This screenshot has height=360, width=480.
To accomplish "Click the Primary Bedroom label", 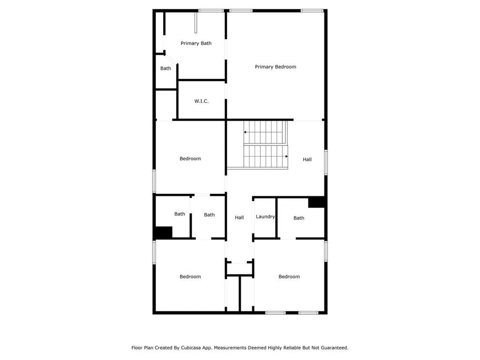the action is click(276, 67).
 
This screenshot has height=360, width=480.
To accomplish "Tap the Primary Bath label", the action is click(196, 43).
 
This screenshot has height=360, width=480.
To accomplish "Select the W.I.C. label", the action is click(202, 101).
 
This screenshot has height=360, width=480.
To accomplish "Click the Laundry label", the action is click(265, 217).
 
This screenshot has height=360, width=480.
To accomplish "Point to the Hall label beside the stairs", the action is click(307, 159).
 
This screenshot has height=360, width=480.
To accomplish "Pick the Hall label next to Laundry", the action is click(240, 217).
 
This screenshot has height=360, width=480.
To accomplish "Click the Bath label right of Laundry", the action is click(299, 218).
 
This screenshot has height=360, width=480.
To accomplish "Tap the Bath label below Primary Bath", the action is click(165, 68).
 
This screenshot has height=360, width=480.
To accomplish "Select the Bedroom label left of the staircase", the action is click(190, 158).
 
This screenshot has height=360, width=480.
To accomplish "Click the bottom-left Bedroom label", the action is click(190, 277).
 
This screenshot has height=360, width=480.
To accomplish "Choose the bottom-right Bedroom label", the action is click(289, 277).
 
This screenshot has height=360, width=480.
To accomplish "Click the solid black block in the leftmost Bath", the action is click(164, 232).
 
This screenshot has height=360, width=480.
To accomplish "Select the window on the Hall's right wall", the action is click(326, 162).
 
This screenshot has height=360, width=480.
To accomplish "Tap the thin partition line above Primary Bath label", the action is click(195, 22).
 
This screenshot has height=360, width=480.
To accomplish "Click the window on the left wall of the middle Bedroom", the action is click(154, 181).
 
